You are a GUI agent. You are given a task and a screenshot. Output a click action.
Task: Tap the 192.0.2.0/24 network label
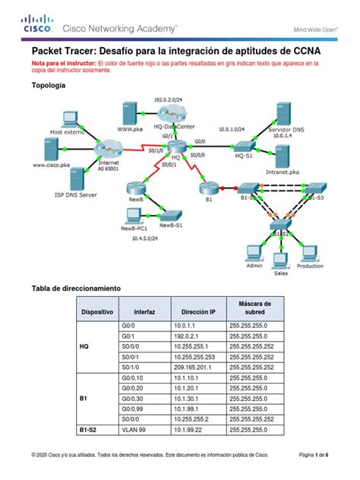pyautogui.click(x=167, y=99)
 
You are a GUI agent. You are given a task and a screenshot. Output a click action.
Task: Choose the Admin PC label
pyautogui.click(x=255, y=267)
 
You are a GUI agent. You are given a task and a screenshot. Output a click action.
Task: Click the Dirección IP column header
pyautogui.click(x=199, y=311)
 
